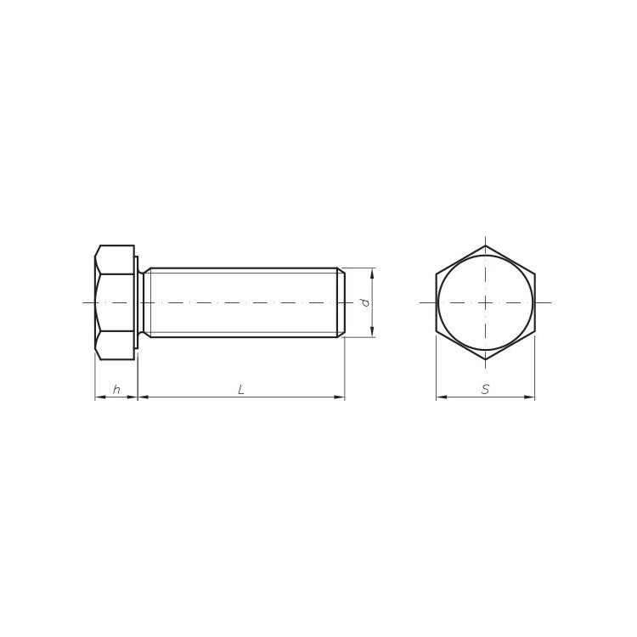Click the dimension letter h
116,390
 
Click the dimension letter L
241,390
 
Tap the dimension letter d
365,302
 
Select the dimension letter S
485,390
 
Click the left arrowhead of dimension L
144,397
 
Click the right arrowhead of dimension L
339,397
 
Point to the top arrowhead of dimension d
372,273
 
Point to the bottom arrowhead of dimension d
372,331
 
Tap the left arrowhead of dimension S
442,397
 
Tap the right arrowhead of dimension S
529,397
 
